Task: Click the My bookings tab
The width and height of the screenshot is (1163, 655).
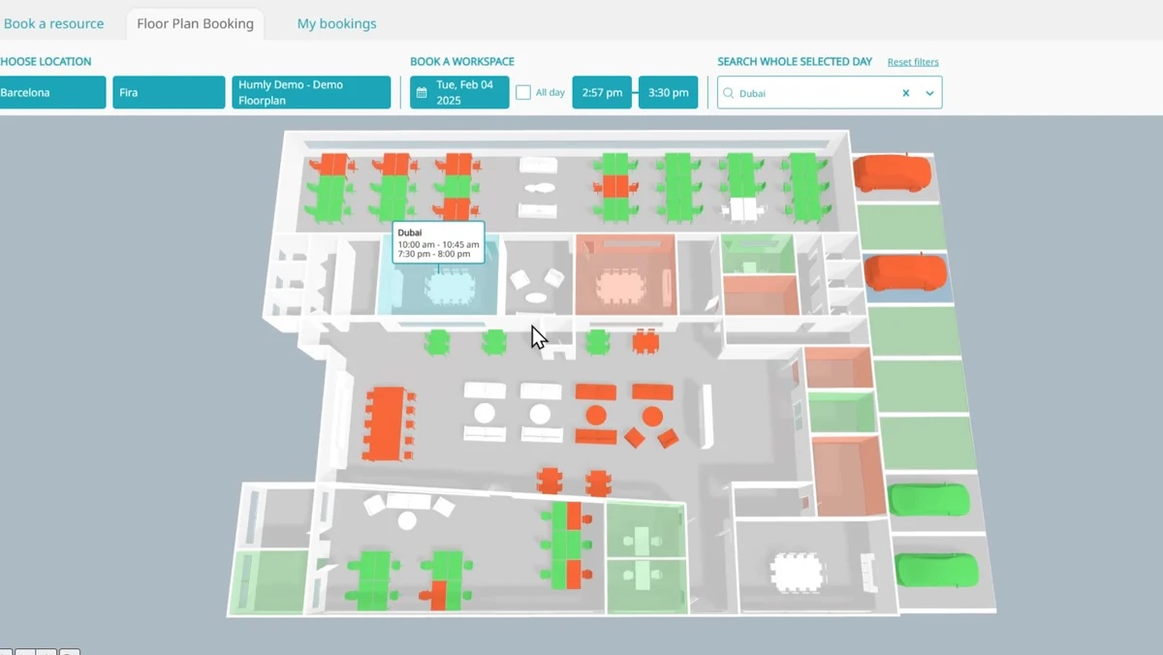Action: [x=336, y=23]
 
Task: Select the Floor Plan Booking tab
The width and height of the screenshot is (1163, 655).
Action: [x=195, y=23]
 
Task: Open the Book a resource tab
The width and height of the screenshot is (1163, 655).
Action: [x=53, y=23]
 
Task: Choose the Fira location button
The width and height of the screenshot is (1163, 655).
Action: [x=169, y=93]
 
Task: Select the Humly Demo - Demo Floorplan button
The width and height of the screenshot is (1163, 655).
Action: [x=311, y=93]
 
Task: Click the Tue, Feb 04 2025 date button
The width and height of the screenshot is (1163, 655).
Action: [x=459, y=93]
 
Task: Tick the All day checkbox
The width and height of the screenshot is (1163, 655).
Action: [x=523, y=93]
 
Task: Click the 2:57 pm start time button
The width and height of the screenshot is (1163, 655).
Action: [x=602, y=93]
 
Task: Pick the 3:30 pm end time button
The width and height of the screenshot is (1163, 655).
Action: [x=668, y=93]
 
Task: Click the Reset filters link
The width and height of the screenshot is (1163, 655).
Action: [x=913, y=62]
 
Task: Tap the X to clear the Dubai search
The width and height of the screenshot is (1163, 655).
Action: [x=906, y=93]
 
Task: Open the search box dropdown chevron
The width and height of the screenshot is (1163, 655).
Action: [x=929, y=93]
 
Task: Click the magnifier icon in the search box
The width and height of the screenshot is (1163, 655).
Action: [x=729, y=93]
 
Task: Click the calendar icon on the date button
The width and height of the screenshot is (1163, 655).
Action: [x=422, y=93]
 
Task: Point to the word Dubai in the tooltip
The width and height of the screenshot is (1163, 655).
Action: [x=410, y=234]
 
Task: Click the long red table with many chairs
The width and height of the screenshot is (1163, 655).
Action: [x=387, y=423]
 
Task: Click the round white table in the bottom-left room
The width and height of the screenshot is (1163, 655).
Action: [x=407, y=520]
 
